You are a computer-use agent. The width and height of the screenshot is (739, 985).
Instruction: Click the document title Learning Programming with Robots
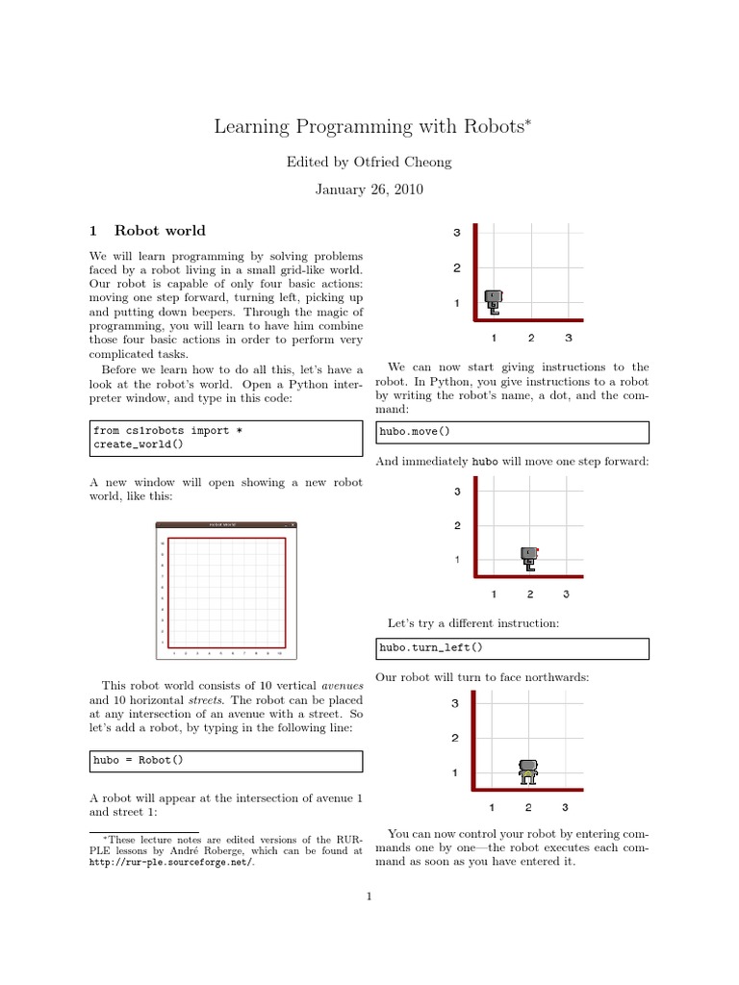[365, 127]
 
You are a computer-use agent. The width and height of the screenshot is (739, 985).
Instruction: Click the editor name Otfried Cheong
[369, 163]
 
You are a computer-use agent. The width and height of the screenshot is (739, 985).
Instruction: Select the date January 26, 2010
[369, 190]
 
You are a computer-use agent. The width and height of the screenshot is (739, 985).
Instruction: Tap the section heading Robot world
[160, 231]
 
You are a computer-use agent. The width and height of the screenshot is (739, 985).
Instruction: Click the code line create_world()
[138, 444]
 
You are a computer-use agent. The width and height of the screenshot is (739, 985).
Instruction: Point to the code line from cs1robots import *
[167, 430]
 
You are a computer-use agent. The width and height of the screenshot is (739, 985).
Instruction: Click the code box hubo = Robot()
[226, 761]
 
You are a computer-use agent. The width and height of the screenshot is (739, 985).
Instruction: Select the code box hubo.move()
[512, 431]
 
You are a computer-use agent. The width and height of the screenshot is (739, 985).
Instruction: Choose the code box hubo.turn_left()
[512, 648]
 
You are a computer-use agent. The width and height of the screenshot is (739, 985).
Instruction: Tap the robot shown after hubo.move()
[528, 557]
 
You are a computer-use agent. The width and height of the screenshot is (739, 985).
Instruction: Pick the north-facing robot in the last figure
[527, 770]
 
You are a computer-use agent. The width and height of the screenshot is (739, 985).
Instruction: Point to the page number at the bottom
[369, 898]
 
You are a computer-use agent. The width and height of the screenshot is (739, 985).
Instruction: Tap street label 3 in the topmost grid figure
[457, 233]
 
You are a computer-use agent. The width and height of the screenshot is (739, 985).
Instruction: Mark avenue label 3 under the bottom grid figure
[565, 807]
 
